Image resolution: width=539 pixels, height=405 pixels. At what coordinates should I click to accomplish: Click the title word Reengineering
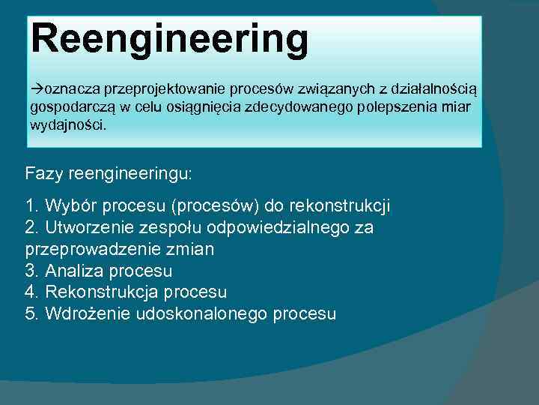170,39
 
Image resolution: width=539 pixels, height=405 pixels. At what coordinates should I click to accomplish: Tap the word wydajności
68,125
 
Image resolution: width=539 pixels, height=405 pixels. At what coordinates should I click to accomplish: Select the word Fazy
43,173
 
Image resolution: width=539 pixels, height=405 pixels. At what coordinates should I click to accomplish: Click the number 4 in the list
30,292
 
